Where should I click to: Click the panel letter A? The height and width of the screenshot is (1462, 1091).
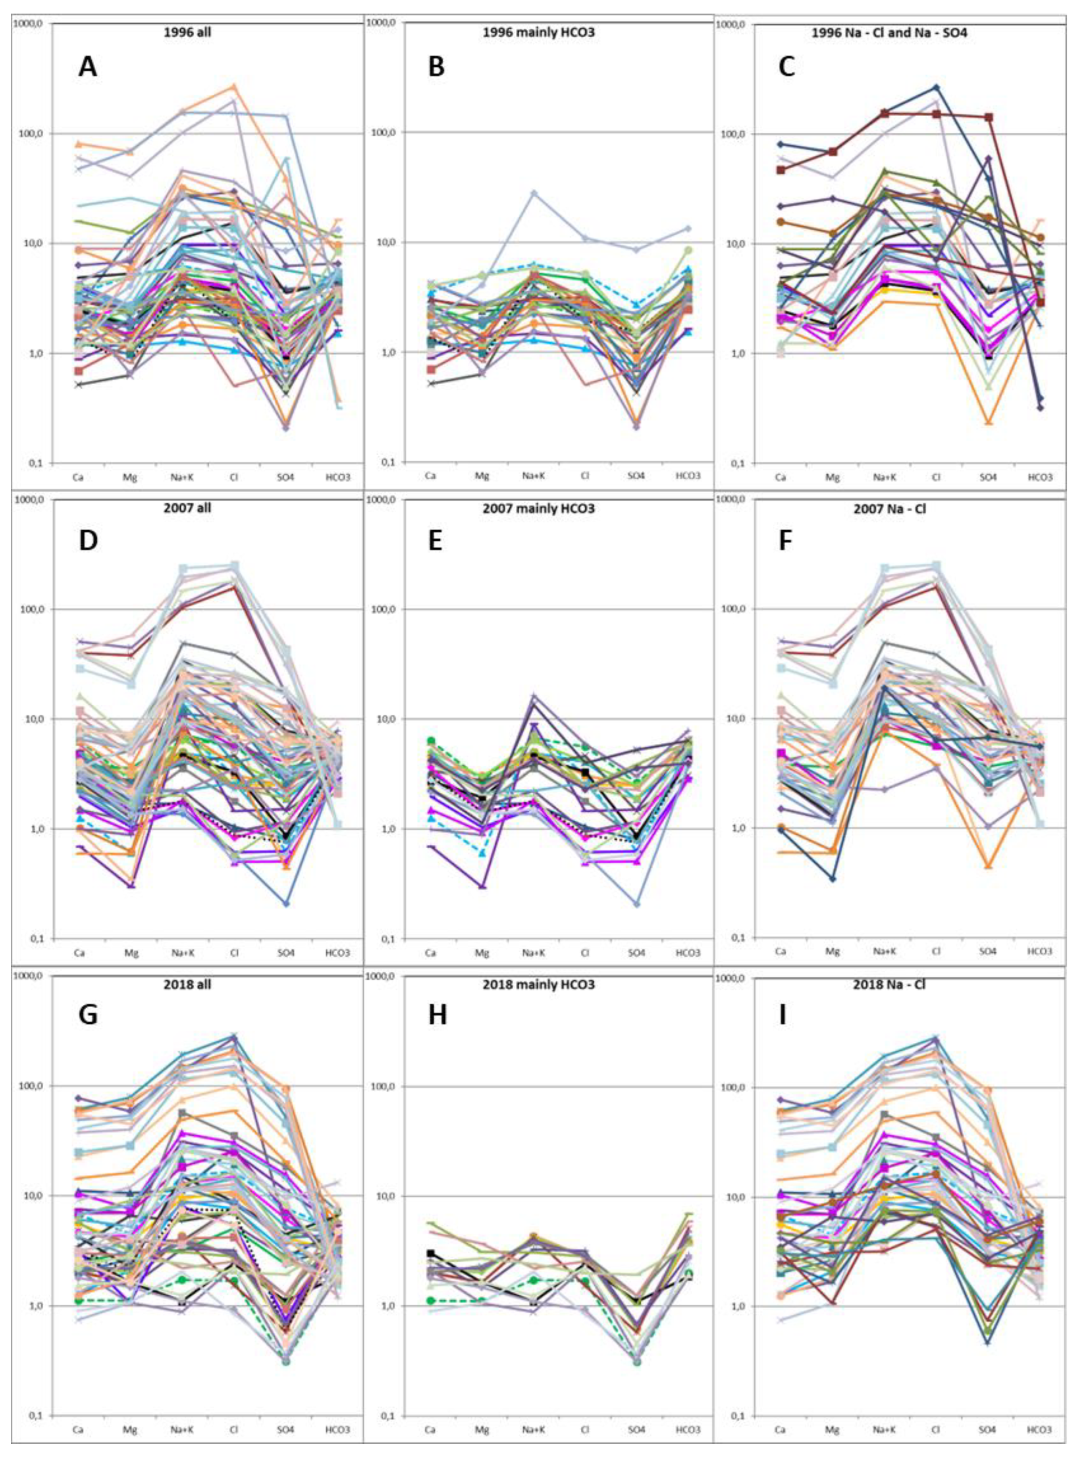coord(87,67)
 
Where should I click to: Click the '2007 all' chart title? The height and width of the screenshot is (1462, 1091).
coord(187,509)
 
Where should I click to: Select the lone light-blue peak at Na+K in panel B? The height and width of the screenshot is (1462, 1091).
coord(534,193)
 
